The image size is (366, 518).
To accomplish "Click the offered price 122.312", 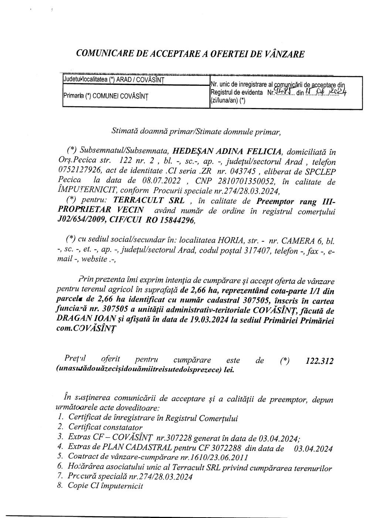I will coord(320,361).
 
